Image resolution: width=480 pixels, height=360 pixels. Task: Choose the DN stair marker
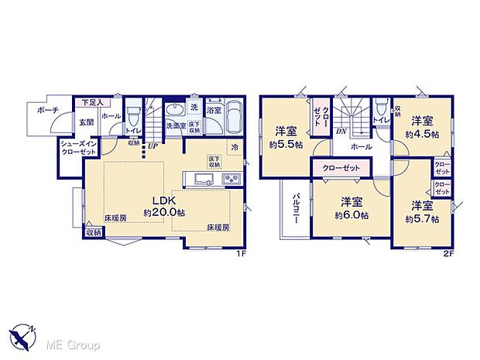click(341, 132)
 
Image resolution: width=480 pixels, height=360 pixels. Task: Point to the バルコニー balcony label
click(295, 209)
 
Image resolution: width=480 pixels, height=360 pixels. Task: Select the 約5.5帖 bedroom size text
click(286, 144)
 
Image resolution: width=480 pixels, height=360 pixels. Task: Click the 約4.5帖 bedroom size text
click(422, 133)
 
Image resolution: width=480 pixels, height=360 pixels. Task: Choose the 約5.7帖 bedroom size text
click(423, 218)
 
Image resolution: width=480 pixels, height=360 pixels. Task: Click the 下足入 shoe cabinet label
click(93, 101)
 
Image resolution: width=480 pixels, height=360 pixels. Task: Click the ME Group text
click(69, 344)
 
